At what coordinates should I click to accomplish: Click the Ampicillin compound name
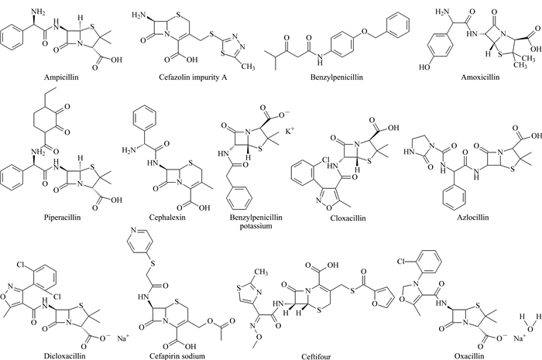point(61,77)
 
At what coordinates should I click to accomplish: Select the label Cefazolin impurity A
point(193,77)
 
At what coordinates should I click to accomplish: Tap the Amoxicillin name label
point(480,77)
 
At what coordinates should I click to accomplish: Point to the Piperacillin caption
point(62,218)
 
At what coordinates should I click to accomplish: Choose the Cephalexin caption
point(167,218)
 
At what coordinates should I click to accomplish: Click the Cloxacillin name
point(348,218)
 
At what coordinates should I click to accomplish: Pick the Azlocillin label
point(473,218)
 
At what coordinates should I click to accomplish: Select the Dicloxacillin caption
point(64,355)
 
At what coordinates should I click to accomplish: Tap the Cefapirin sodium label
point(177,356)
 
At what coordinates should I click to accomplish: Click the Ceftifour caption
point(316,356)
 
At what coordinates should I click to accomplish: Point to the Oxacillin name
point(469,356)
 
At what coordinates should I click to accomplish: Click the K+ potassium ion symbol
point(290,132)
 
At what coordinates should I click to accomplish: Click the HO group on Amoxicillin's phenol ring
point(424,67)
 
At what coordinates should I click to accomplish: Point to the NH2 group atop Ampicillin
point(39,12)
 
